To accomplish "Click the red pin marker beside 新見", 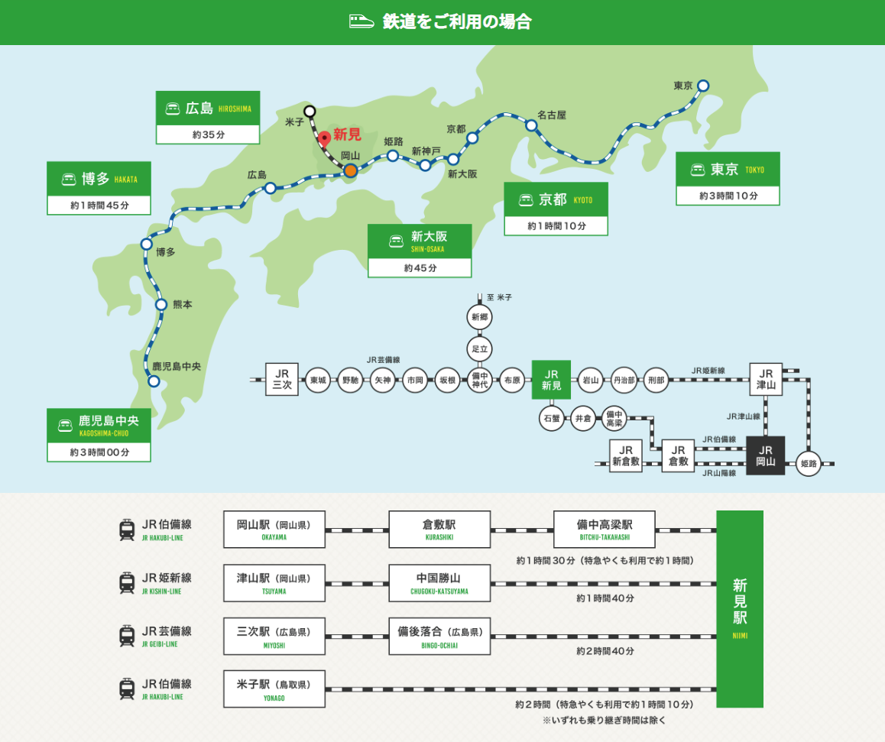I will (x=325, y=138).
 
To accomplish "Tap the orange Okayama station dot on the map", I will (x=350, y=170).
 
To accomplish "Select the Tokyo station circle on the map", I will (x=703, y=86).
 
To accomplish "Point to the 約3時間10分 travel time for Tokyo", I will (x=728, y=196).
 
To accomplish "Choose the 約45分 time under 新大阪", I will (x=420, y=268).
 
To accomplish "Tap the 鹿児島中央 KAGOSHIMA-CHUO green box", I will (x=99, y=426).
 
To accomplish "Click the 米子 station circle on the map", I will (x=310, y=111).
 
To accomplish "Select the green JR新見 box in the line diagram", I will (x=552, y=380).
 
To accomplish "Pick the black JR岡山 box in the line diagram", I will (x=765, y=455).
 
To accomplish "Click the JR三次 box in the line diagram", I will (x=282, y=380).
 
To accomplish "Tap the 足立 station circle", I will (x=480, y=348).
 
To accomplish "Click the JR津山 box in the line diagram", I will (x=766, y=380).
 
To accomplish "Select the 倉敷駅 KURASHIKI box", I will (x=439, y=529).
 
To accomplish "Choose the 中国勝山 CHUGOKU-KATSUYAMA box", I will (x=439, y=583).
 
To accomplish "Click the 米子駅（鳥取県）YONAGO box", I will (x=274, y=689).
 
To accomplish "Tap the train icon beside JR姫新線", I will (x=127, y=583).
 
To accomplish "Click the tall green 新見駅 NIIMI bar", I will (x=739, y=608).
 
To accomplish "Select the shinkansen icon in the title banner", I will (x=361, y=21).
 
